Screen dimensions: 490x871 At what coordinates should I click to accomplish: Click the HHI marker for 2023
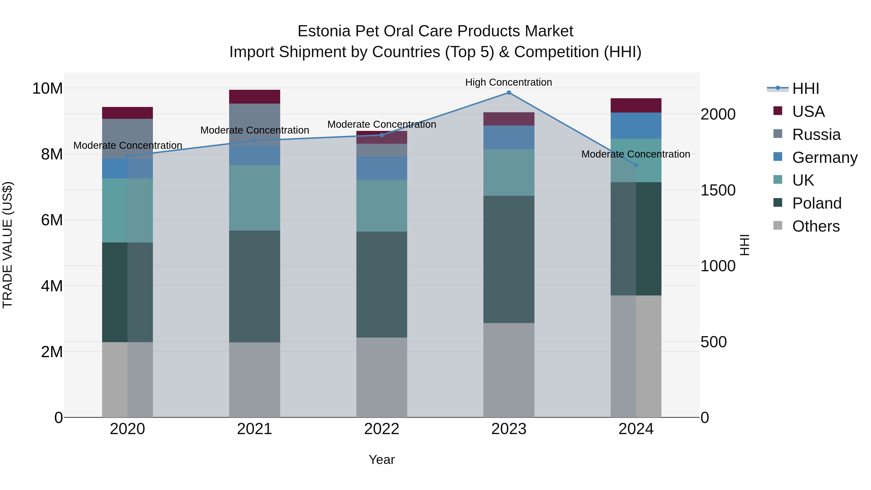pyautogui.click(x=509, y=93)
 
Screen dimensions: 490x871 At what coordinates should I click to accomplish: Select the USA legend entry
pyautogui.click(x=808, y=112)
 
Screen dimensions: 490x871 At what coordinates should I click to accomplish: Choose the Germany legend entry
pyautogui.click(x=824, y=158)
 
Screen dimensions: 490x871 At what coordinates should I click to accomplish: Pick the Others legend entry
pyautogui.click(x=816, y=226)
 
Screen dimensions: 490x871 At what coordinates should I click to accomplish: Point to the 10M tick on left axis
pyautogui.click(x=47, y=89)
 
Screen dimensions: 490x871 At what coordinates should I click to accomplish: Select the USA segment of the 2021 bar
pyautogui.click(x=255, y=97)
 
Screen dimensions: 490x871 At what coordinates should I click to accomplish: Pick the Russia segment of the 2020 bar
pyautogui.click(x=128, y=139)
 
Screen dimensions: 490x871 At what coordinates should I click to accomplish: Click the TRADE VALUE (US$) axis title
pyautogui.click(x=8, y=245)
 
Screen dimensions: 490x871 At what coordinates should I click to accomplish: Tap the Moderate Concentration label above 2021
pyautogui.click(x=255, y=130)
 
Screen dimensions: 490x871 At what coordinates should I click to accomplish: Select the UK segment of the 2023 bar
pyautogui.click(x=509, y=173)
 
